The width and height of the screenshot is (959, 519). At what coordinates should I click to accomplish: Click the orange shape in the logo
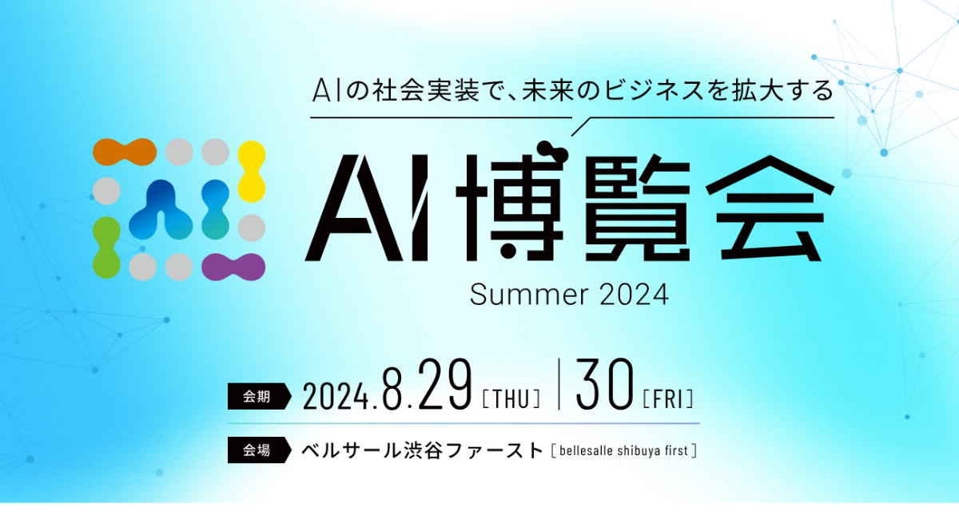[x=125, y=152]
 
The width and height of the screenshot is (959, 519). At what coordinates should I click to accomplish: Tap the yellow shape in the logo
[x=251, y=172]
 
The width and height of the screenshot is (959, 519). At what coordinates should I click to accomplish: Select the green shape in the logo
[x=106, y=248]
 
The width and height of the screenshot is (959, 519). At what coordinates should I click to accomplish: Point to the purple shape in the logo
[x=233, y=267]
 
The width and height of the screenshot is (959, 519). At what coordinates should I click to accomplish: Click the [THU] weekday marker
[x=511, y=398]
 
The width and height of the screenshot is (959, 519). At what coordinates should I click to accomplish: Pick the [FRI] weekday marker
[x=668, y=398]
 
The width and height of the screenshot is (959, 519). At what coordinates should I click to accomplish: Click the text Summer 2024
[x=569, y=295]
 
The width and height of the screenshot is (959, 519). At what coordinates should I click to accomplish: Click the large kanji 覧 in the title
[x=638, y=208]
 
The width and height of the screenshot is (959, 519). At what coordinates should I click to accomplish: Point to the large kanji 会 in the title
[x=770, y=208]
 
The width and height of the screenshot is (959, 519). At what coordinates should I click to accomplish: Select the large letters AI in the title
[x=367, y=208]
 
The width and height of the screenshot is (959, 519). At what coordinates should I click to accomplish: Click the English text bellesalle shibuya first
[x=624, y=451]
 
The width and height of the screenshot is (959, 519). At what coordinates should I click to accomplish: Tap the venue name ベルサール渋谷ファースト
[x=423, y=450]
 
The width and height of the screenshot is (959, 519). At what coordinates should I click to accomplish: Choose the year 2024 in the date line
[x=336, y=396]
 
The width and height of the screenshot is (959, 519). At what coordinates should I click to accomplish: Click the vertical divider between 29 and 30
[x=559, y=384]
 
